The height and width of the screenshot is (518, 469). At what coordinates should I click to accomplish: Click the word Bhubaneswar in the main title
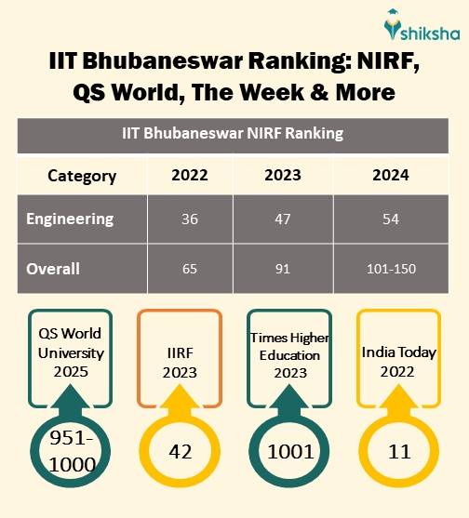tap(154, 63)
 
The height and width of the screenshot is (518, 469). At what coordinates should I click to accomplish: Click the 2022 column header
tap(190, 176)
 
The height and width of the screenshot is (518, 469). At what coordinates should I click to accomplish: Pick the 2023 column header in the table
tap(284, 176)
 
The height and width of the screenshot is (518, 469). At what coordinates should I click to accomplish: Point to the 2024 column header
tap(390, 176)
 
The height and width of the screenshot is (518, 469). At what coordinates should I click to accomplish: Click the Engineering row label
tap(70, 219)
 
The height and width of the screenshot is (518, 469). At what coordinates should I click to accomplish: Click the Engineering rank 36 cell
tap(190, 220)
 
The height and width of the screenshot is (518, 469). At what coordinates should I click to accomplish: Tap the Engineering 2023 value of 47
tap(284, 220)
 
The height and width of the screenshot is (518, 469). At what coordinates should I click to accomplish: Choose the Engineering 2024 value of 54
tap(390, 220)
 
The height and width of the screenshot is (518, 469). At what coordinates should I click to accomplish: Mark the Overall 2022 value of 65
tap(190, 270)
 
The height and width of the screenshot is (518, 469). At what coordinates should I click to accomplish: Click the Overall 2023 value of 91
tap(284, 270)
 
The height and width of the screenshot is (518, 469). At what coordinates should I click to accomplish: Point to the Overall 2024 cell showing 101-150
tap(390, 270)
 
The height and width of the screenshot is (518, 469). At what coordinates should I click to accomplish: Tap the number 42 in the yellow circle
tap(181, 452)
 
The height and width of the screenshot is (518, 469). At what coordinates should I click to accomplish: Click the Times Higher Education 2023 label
tap(289, 354)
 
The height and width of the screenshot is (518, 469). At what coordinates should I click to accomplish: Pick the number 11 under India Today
tap(398, 452)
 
